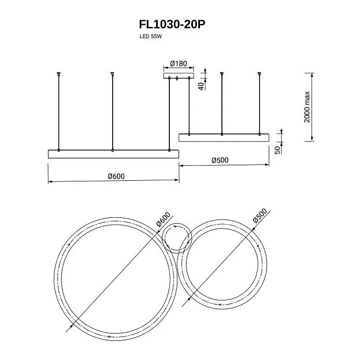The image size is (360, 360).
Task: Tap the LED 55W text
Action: pyautogui.click(x=151, y=36)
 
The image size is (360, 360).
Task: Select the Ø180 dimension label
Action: pyautogui.click(x=178, y=63)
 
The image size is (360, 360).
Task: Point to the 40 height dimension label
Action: pyautogui.click(x=201, y=86)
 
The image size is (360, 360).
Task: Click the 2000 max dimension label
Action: pyautogui.click(x=307, y=107)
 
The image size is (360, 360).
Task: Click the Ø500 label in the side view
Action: pyautogui.click(x=221, y=160)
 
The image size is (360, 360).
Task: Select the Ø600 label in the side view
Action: pyautogui.click(x=116, y=176)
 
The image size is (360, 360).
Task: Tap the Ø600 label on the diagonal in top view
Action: pyautogui.click(x=163, y=220)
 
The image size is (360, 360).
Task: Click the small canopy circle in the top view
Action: pyautogui.click(x=176, y=238)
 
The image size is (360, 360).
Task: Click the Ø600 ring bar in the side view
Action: pyautogui.click(x=113, y=154)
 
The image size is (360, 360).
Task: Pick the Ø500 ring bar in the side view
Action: pyautogui.click(x=224, y=137)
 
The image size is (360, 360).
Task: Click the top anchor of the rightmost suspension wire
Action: pyautogui.click(x=259, y=73)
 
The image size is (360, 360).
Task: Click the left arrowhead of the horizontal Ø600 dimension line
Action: pyautogui.click(x=49, y=181)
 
